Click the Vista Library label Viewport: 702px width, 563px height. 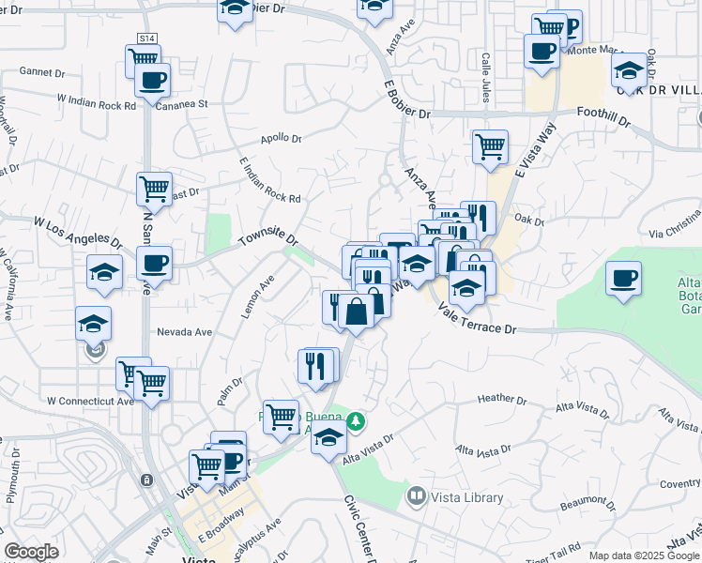click(467, 497)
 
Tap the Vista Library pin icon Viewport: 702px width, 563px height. click(415, 495)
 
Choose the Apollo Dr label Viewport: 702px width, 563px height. click(281, 138)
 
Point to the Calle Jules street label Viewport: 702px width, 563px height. click(486, 64)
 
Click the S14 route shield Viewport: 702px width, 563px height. click(146, 38)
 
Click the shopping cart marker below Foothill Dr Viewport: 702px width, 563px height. click(490, 147)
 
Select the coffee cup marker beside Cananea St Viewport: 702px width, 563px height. click(152, 80)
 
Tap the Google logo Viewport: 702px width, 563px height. click(32, 552)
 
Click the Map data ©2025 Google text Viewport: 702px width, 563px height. click(643, 555)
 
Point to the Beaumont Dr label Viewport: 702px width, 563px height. click(587, 504)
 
